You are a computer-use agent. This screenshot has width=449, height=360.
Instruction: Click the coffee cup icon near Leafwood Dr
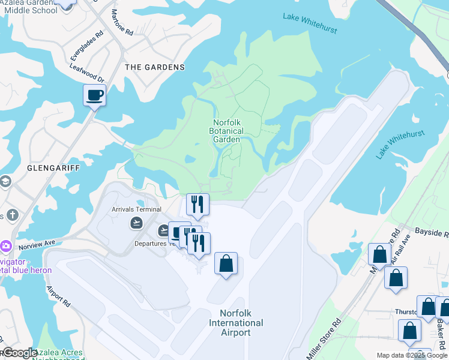point(94,95)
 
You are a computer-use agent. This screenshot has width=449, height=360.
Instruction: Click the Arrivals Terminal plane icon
point(137,223)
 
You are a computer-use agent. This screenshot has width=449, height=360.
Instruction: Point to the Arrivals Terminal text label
point(136,209)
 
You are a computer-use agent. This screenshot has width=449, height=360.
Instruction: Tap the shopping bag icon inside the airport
point(226,264)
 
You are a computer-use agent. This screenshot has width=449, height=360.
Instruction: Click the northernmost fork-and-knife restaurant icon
point(197,205)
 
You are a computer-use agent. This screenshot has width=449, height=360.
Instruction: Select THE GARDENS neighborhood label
point(154,67)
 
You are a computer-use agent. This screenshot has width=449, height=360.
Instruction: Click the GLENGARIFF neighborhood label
point(53,169)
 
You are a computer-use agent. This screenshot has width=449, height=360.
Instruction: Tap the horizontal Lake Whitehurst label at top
point(310,23)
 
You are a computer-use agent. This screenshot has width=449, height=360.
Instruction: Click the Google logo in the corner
point(19,353)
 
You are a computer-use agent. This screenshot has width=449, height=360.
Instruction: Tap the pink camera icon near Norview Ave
point(6,245)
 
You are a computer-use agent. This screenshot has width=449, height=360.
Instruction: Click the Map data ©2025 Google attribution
point(411,355)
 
